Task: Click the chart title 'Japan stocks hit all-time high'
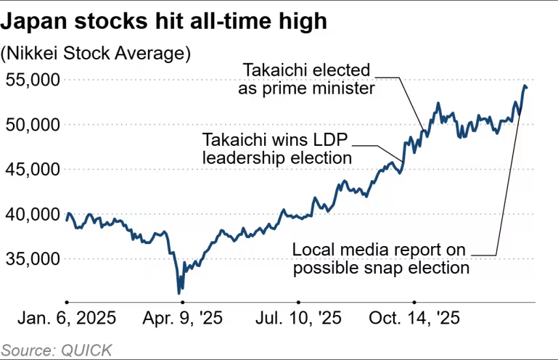(x=164, y=21)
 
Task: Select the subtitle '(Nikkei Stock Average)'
(x=96, y=54)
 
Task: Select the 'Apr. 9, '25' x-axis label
(x=182, y=319)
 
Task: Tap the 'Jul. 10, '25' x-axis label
(x=298, y=319)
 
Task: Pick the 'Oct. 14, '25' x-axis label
(x=414, y=319)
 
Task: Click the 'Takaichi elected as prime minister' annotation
(x=307, y=79)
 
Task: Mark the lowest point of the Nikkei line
(x=179, y=293)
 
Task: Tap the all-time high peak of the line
(x=525, y=86)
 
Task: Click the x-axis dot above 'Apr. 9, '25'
(x=182, y=301)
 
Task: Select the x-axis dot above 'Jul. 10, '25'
(x=298, y=301)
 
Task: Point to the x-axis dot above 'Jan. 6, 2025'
(x=66, y=301)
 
